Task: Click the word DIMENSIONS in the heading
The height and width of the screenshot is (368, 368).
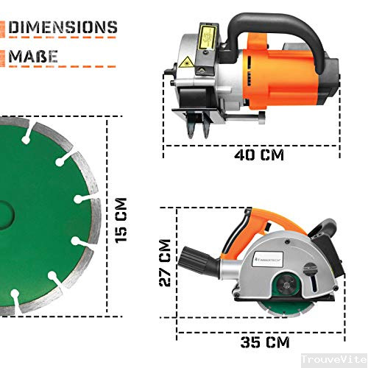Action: point(63,28)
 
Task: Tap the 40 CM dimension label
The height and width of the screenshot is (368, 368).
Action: point(258,155)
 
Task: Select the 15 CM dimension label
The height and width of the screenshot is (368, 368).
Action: point(121,220)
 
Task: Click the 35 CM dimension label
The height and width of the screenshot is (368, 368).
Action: point(264,342)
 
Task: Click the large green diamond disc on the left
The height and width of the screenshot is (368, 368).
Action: point(44,221)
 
